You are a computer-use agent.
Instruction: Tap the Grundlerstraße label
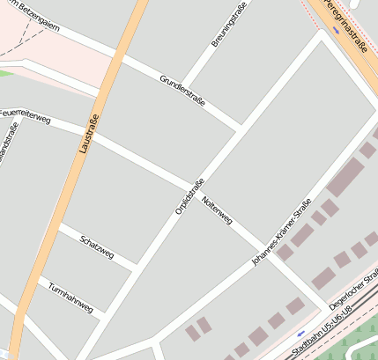tap(182, 91)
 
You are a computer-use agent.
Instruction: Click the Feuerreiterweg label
tap(26, 116)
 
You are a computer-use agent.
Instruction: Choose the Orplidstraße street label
tap(189, 195)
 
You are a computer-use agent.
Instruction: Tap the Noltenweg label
tap(217, 210)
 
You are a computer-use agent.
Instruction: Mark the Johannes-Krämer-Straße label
tap(281, 232)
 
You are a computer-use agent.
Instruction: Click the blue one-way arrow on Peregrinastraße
tap(336, 29)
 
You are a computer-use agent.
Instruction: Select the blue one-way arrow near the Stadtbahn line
tap(301, 334)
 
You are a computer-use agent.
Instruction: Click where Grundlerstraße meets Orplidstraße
tap(240, 129)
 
